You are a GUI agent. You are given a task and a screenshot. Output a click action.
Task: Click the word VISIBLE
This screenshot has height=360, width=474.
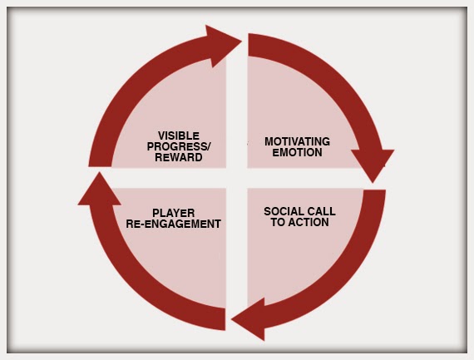(179, 136)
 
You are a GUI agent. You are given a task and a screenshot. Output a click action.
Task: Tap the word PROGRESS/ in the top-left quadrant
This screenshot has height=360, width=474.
(179, 146)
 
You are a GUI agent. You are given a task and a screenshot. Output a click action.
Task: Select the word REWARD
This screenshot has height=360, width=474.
(179, 157)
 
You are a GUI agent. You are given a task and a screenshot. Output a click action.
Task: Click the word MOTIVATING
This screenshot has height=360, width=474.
(297, 141)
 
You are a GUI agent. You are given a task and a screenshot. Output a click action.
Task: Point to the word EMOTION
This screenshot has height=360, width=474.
(297, 152)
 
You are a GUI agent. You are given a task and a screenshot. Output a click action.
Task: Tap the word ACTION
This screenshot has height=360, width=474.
(309, 222)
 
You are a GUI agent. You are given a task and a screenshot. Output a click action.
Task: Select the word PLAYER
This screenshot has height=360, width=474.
(174, 213)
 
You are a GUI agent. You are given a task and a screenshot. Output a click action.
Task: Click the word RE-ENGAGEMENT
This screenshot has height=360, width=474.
(174, 224)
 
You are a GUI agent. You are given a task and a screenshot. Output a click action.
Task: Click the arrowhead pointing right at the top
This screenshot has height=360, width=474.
(223, 46)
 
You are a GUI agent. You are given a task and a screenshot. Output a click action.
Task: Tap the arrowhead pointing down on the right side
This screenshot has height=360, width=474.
(373, 164)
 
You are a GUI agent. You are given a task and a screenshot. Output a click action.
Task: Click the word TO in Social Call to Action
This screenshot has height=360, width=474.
(278, 222)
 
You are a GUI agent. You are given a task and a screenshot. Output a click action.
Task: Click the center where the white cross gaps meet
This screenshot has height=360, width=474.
(237, 178)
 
